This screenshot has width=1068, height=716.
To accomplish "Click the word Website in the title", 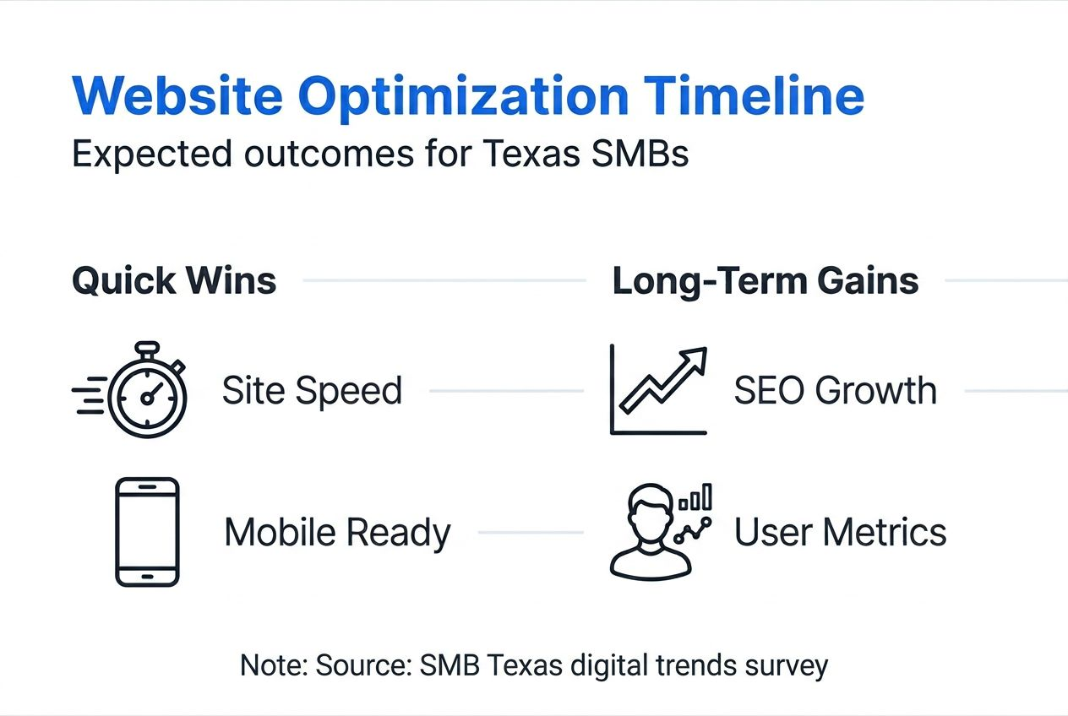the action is click(x=177, y=95).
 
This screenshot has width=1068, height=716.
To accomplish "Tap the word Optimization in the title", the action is click(x=463, y=99).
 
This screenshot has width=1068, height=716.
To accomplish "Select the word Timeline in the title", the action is click(x=754, y=95).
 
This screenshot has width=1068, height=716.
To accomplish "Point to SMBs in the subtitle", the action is click(x=640, y=154).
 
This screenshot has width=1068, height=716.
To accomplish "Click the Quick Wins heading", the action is click(x=174, y=281).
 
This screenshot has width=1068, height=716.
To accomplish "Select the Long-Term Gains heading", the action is click(x=766, y=281).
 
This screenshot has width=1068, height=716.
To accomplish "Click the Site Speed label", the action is click(x=313, y=391).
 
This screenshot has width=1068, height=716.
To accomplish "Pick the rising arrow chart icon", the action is click(x=658, y=389).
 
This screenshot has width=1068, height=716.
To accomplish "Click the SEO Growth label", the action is click(x=836, y=391).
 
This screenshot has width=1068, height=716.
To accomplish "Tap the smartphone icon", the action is click(x=147, y=532).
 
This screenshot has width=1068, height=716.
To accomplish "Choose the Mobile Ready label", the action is click(x=338, y=533).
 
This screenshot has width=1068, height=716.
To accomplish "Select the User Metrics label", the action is click(x=841, y=532).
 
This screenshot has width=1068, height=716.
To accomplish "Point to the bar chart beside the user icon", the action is click(x=695, y=496).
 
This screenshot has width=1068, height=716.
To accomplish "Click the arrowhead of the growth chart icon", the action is click(x=695, y=359).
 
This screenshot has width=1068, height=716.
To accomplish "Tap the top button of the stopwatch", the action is click(x=147, y=346).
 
